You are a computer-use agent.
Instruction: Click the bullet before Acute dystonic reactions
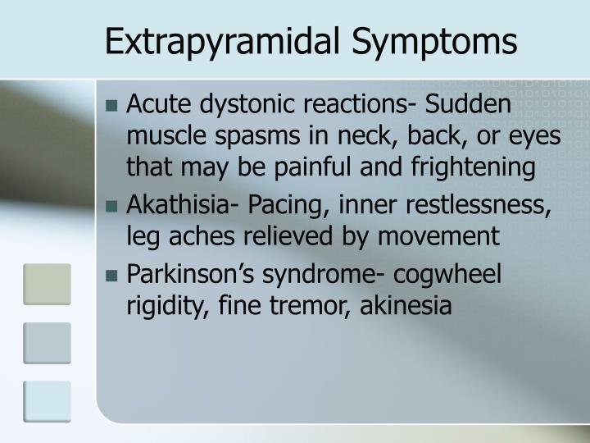112,106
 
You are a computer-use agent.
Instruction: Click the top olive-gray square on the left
47,283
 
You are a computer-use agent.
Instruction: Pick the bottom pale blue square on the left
47,402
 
